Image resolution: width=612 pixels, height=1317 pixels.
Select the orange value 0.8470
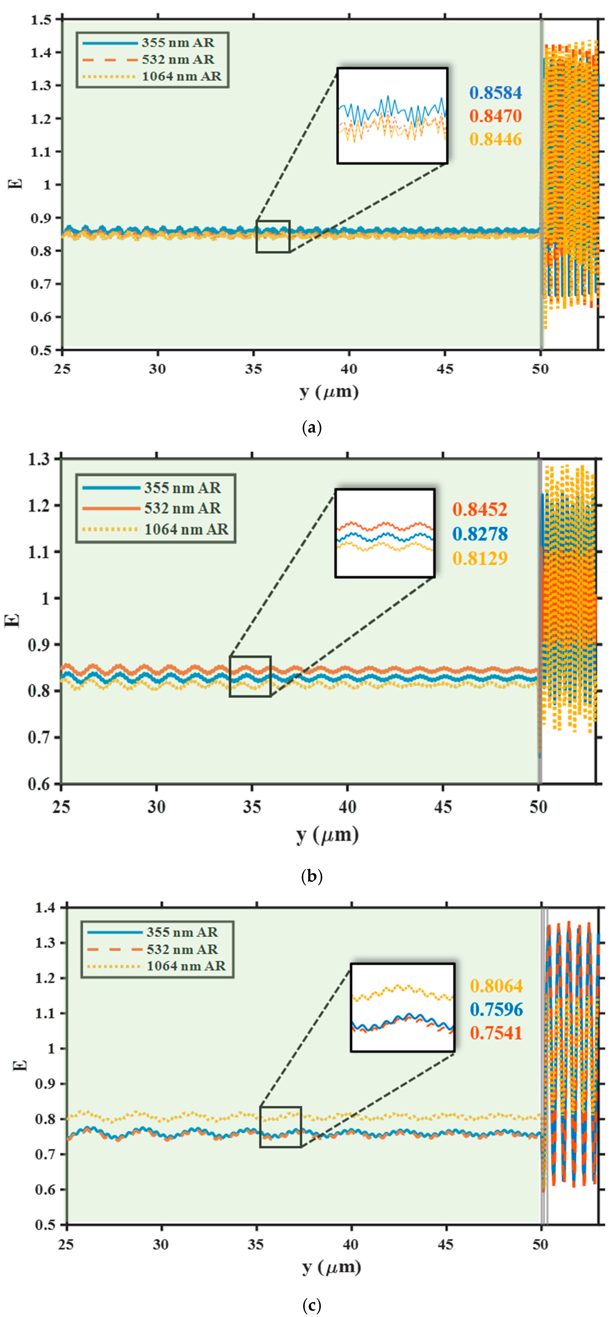[495, 116]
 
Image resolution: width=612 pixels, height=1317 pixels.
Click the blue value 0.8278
[480, 534]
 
